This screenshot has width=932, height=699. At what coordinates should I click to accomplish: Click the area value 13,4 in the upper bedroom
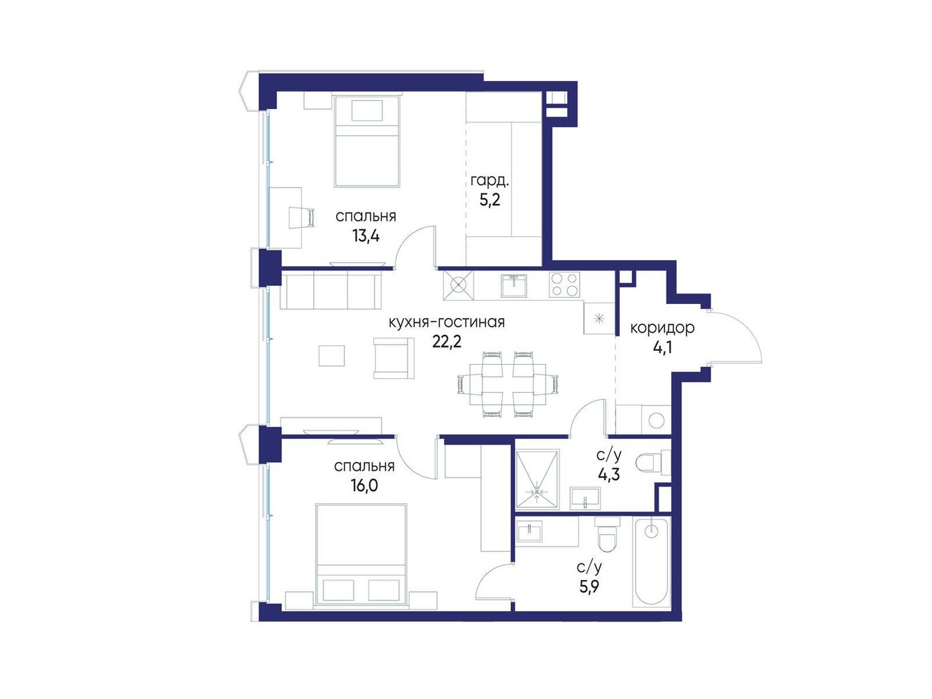point(366,236)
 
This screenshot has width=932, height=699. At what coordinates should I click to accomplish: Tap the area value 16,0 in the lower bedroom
point(364,485)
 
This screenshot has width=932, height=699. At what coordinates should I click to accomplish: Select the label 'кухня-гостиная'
point(447,322)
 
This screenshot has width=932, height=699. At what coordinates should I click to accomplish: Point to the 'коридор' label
point(662,328)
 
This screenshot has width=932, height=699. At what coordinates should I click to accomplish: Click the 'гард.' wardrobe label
point(489,182)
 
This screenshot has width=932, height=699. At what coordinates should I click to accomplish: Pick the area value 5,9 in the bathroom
point(589,587)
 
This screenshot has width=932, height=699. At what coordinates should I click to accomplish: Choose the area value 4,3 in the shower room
point(609,474)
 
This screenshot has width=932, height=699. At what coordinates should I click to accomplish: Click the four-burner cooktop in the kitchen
point(564,284)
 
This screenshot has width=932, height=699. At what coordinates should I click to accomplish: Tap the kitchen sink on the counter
point(514,285)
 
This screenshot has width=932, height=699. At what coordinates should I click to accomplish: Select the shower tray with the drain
point(537,480)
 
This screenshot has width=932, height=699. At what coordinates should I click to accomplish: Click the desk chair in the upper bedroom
point(302,217)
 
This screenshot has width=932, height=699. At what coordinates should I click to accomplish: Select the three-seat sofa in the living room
point(331,291)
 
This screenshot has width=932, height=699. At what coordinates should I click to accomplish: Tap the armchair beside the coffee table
point(394,358)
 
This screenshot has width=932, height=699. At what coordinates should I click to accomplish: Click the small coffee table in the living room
point(331,356)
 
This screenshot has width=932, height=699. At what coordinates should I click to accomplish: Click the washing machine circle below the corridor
point(656,420)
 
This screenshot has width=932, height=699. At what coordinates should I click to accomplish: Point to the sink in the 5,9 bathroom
point(529,531)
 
